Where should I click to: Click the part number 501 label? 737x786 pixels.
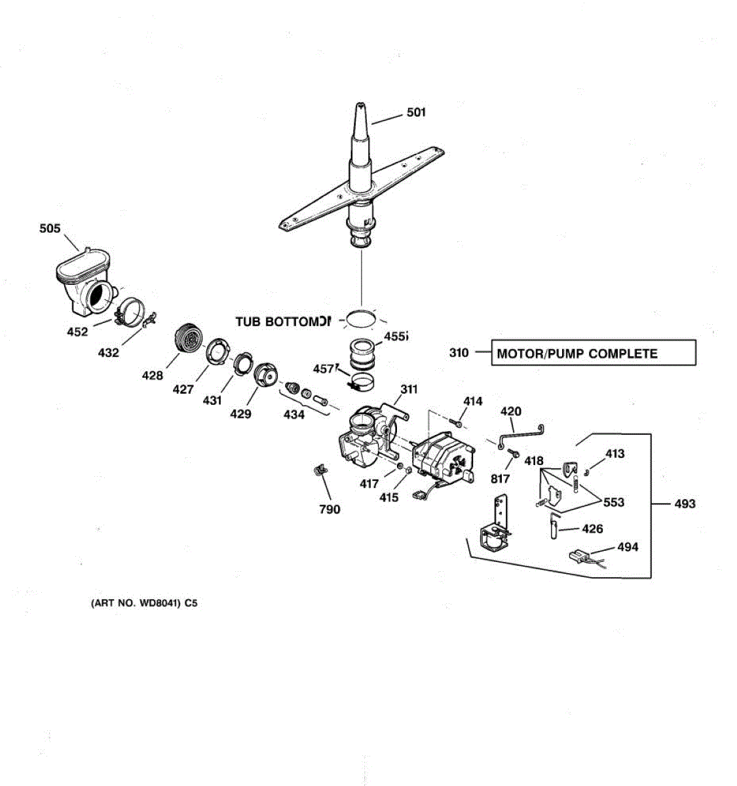click(x=416, y=113)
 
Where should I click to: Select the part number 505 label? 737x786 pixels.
click(x=50, y=229)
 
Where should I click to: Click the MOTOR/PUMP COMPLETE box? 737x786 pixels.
click(x=593, y=353)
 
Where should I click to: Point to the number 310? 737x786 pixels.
click(x=459, y=353)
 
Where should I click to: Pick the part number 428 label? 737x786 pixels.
click(x=153, y=375)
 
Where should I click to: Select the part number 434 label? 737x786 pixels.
click(x=294, y=414)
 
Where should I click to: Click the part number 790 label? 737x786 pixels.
click(x=330, y=509)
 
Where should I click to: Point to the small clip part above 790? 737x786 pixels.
click(x=320, y=471)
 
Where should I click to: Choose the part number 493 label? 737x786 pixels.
click(x=685, y=504)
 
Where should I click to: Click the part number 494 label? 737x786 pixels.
click(x=628, y=547)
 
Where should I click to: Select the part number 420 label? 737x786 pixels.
click(x=511, y=411)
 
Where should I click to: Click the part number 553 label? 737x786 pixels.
click(x=614, y=502)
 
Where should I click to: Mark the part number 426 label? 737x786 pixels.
click(x=592, y=529)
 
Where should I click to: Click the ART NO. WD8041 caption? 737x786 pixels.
click(x=143, y=603)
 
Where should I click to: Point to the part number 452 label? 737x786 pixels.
click(x=77, y=332)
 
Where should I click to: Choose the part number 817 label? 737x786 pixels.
click(x=500, y=479)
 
